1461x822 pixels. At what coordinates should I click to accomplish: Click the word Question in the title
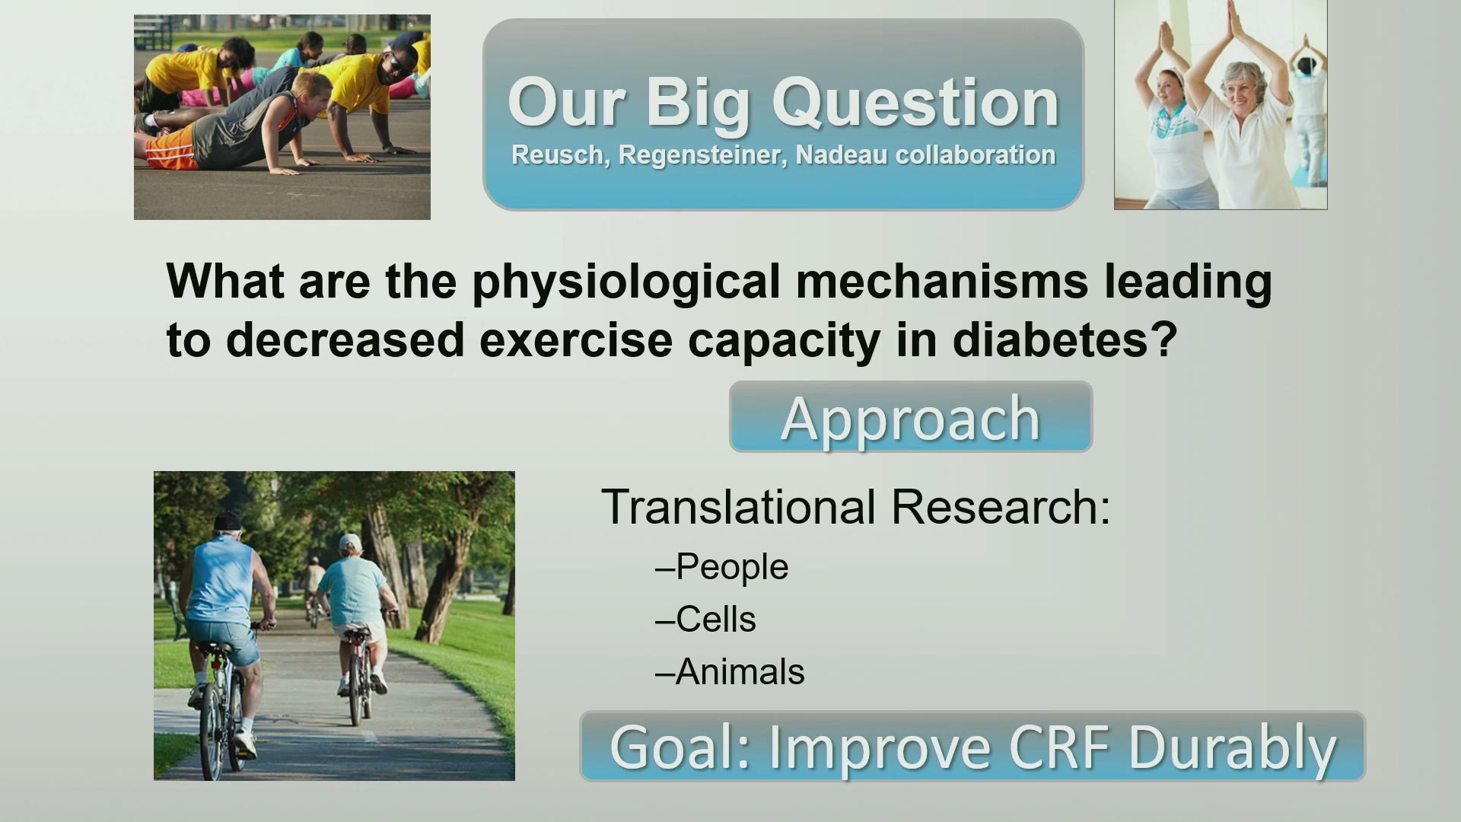point(915,104)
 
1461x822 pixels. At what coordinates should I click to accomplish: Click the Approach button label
point(911,419)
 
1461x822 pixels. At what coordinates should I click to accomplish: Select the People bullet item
point(721,568)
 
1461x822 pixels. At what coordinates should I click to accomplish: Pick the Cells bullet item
point(705,620)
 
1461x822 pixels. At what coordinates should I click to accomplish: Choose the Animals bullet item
point(730,672)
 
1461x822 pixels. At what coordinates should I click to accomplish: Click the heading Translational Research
point(856,507)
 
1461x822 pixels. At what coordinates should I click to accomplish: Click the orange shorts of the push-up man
point(172,151)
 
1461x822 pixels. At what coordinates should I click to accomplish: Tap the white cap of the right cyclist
point(349,543)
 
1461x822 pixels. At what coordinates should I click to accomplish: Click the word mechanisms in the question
point(942,281)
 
